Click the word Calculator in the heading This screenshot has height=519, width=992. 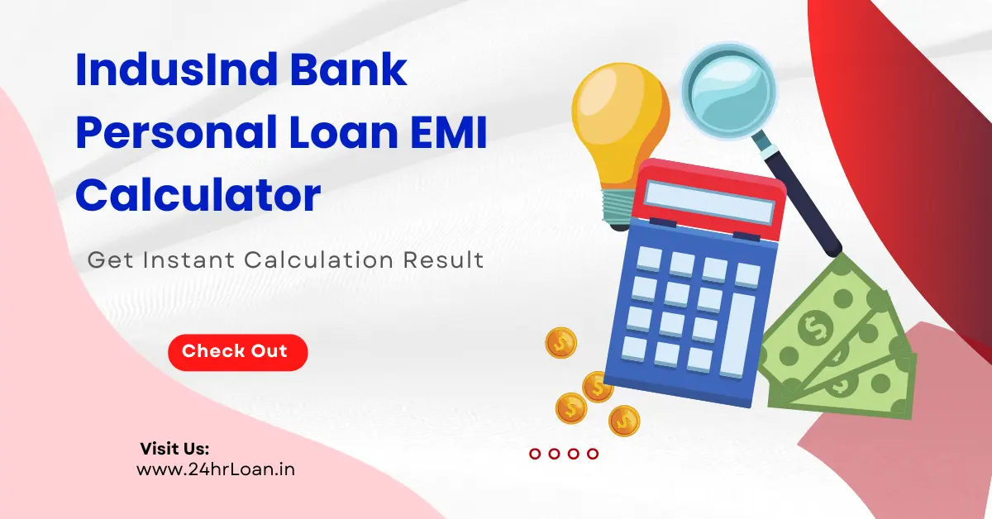[x=198, y=197]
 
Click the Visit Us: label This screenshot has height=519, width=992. [x=174, y=449]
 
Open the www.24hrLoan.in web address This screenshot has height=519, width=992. [x=216, y=470]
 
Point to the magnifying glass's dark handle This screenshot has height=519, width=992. [x=806, y=202]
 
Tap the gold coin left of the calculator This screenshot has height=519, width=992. [x=560, y=342]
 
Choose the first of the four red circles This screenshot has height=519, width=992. [x=535, y=453]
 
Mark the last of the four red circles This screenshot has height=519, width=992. [x=592, y=453]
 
